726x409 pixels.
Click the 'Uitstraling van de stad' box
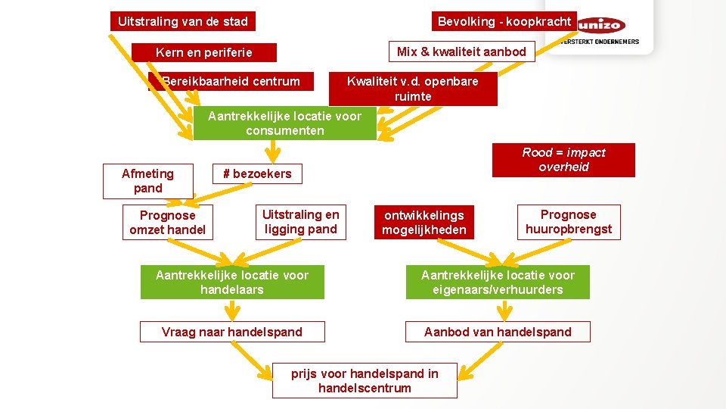183,21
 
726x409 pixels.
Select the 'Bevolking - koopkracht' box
504,21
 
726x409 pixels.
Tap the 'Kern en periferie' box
203,52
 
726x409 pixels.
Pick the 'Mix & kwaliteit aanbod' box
461,52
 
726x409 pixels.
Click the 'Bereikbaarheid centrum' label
231,81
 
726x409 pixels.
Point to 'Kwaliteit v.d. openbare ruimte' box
413,89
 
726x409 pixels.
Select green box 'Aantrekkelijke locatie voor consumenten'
284,123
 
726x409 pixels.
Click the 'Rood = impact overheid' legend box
563,160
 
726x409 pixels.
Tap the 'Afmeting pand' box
147,181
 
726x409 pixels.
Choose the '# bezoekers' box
256,173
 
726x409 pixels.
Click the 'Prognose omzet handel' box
167,222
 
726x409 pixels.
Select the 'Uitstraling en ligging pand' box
300,222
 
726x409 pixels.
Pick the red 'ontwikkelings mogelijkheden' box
423,223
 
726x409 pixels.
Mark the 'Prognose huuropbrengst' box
569,222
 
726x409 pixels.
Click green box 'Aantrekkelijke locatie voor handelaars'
232,283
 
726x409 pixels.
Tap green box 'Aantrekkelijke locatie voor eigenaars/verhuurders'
498,283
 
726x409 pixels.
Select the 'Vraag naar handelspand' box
232,332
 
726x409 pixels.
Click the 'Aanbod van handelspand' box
498,332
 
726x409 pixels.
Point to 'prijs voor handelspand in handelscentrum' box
365,381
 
